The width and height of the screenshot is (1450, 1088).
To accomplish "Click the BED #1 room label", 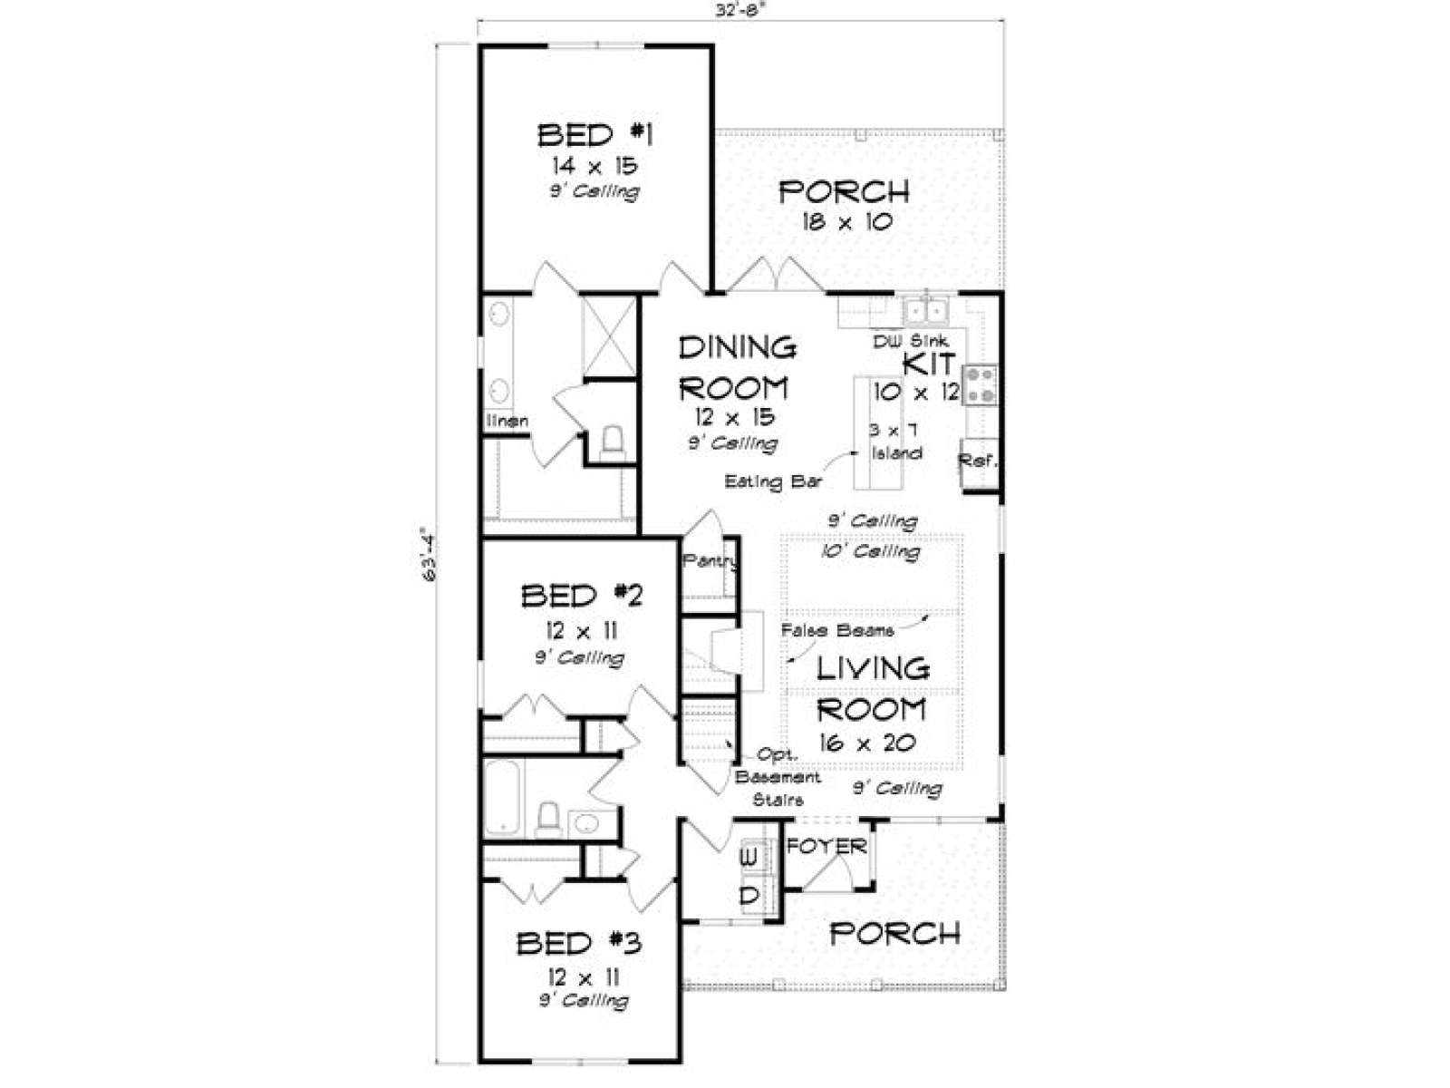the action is tap(595, 135).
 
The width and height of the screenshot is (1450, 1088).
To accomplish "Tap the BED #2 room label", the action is tap(581, 596).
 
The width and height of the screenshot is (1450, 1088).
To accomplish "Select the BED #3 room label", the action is tap(579, 943).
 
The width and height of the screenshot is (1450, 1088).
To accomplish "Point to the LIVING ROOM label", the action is tap(873, 689).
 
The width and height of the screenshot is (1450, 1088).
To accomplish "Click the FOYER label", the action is tap(826, 846).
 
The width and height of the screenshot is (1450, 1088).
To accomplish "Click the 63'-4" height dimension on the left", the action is tap(428, 558).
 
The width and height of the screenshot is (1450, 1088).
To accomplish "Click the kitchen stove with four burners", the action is tap(980, 385).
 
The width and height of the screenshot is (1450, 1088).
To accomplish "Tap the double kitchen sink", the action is tap(925, 310).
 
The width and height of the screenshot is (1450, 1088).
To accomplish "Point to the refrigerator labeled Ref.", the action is tap(979, 462).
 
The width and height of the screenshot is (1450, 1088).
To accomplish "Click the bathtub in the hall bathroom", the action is tap(504, 798).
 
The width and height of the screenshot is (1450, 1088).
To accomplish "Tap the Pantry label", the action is tap(710, 561).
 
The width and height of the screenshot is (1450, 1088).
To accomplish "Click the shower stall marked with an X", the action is tap(609, 337).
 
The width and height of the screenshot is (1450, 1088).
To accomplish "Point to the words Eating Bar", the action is tap(774, 481).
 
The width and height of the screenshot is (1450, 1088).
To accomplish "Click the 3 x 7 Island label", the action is tap(894, 442).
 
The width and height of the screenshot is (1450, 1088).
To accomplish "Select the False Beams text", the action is tap(837, 629).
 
